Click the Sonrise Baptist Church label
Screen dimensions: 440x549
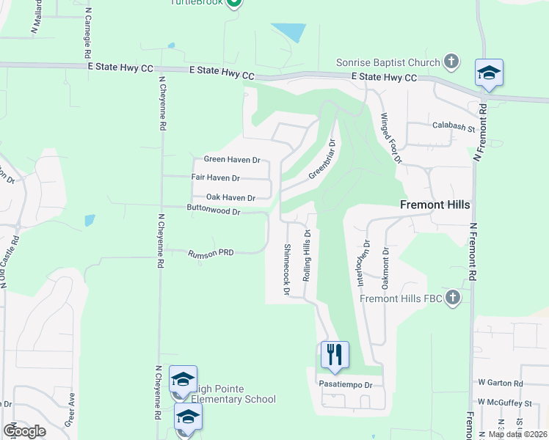[x=388, y=63]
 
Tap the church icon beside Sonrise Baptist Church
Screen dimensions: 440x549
[x=451, y=62]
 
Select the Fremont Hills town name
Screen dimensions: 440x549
[x=435, y=205]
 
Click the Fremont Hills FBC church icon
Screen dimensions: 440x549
[x=452, y=297]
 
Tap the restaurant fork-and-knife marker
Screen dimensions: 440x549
[x=335, y=355]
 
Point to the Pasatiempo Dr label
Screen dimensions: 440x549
[x=346, y=384]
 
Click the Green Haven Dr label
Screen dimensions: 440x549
[x=232, y=159]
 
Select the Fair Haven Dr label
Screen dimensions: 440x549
[x=215, y=177]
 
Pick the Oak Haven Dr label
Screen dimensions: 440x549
[x=230, y=197]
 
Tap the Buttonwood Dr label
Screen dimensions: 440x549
[x=214, y=211]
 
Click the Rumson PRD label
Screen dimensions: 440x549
[x=211, y=252]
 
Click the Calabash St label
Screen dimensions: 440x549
[x=454, y=126]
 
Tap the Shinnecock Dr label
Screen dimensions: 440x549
[x=286, y=271]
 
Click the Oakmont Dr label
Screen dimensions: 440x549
[x=385, y=271]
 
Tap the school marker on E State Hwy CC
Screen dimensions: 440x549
[x=489, y=73]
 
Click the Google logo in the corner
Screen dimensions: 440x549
[x=24, y=431]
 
